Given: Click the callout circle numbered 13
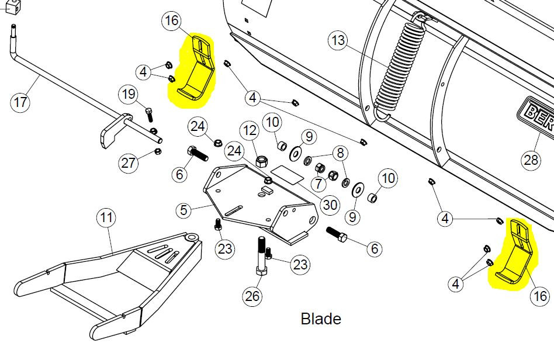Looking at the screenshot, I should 338,41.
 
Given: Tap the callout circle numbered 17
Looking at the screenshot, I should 20,103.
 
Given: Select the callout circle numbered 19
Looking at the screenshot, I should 129,94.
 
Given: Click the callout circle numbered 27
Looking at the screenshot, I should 129,163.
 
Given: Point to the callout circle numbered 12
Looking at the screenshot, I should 250,130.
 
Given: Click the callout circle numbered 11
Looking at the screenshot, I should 106,219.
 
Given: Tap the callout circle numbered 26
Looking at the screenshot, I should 252,296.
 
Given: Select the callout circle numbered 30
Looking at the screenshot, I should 330,205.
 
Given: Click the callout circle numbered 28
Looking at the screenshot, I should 531,160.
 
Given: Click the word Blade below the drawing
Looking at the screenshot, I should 321,319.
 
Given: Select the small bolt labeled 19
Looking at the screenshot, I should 148,115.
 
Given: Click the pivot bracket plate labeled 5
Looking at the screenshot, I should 251,202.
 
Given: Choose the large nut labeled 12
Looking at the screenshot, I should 263,160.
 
